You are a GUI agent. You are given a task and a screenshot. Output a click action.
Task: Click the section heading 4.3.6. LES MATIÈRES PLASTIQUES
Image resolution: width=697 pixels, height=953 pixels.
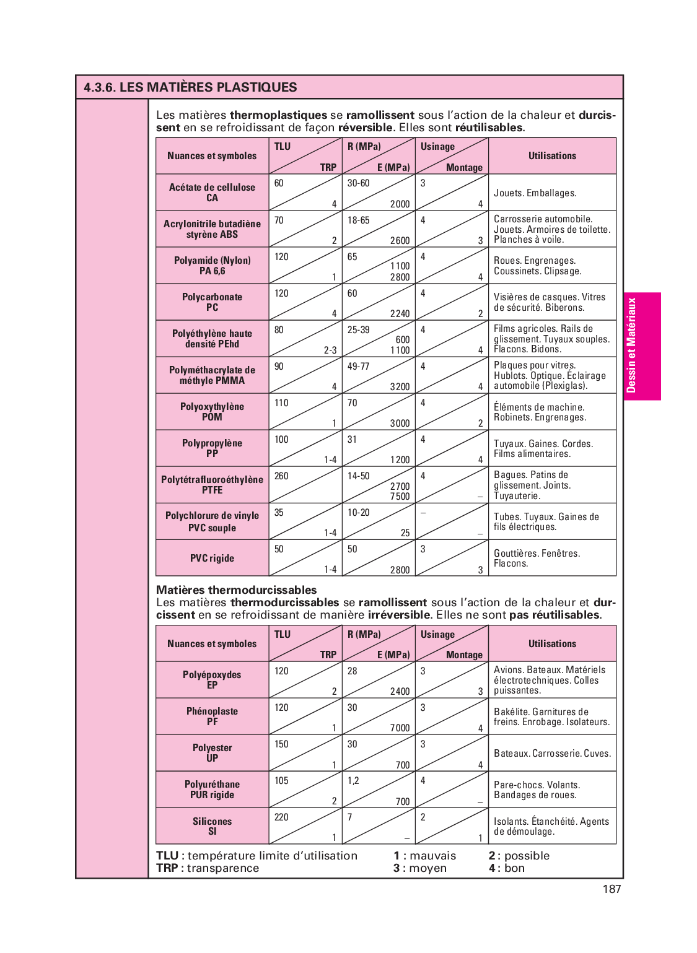(190, 87)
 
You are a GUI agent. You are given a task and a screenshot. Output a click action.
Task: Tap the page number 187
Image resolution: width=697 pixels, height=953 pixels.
(611, 889)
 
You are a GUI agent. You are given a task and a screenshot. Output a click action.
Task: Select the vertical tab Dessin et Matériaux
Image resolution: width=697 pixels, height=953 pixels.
(631, 346)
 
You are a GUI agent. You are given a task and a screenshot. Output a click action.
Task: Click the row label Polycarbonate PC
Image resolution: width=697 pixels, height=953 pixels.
(212, 302)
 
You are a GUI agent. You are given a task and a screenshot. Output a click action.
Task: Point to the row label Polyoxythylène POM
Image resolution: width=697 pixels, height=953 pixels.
(212, 412)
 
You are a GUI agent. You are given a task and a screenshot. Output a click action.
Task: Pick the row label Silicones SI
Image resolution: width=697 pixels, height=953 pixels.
(212, 826)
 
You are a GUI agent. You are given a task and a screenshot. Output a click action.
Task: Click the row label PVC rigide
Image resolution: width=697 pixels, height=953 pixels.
(212, 558)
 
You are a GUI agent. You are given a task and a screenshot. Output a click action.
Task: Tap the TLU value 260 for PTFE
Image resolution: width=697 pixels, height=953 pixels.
(281, 476)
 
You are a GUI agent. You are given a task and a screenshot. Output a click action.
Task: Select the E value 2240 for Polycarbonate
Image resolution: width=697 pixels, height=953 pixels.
(400, 313)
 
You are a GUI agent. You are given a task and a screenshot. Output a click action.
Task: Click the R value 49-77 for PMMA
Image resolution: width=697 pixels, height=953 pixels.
(358, 367)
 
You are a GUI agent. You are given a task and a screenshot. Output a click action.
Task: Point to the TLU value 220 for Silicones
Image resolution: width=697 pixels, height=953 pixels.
(281, 817)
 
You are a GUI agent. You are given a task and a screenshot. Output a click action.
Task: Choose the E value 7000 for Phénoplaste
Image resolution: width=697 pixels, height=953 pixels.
(400, 728)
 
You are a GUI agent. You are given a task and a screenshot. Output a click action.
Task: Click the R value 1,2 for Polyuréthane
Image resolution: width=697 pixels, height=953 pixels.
(353, 781)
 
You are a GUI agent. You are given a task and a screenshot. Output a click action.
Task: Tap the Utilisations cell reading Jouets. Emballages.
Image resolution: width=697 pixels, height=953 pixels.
(535, 193)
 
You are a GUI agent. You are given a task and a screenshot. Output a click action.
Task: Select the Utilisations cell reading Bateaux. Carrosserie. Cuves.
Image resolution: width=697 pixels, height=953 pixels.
(552, 754)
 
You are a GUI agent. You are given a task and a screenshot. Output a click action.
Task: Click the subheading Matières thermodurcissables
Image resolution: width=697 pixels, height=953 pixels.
(236, 590)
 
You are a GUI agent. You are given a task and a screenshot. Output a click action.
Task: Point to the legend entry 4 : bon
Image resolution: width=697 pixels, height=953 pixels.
(506, 868)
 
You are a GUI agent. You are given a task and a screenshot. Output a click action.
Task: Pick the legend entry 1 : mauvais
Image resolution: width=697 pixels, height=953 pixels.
(424, 856)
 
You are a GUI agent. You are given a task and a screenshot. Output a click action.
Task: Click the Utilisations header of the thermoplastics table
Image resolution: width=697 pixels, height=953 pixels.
(552, 156)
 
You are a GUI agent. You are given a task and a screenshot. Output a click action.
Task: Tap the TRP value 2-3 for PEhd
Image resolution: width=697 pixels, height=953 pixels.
(330, 350)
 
